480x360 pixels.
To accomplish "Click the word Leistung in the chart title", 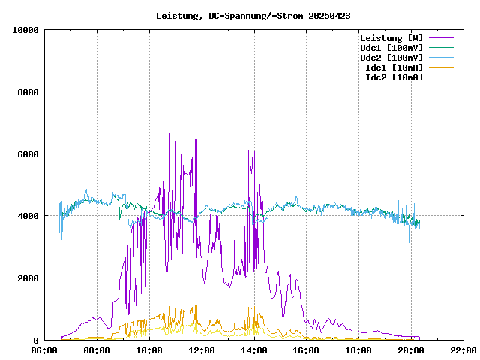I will [x=177, y=15].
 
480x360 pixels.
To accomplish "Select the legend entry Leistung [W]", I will [x=391, y=38].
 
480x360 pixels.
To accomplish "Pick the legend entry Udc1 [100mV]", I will [x=391, y=48].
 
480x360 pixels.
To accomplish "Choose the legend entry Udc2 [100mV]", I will [x=391, y=58].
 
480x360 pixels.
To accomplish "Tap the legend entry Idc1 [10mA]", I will [x=394, y=67].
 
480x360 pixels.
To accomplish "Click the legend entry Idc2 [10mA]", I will [x=394, y=77].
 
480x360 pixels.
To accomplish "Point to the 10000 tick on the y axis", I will [x=25, y=30].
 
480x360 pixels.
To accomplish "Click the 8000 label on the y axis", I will [x=28, y=92].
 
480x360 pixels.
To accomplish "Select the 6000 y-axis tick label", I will [x=28, y=154].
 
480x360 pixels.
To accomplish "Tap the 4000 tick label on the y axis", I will [x=28, y=216].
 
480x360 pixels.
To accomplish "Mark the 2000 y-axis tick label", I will [x=28, y=278].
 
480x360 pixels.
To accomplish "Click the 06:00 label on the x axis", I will [x=44, y=350].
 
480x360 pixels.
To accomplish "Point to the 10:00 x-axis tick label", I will [x=149, y=350].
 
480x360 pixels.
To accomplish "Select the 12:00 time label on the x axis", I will [x=202, y=350].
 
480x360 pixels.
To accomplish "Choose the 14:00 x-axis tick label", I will [x=254, y=350].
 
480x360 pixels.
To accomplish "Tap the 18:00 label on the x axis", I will [x=359, y=350].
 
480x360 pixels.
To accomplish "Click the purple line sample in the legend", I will [x=441, y=38].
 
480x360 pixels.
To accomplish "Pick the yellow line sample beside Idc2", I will [x=441, y=77].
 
